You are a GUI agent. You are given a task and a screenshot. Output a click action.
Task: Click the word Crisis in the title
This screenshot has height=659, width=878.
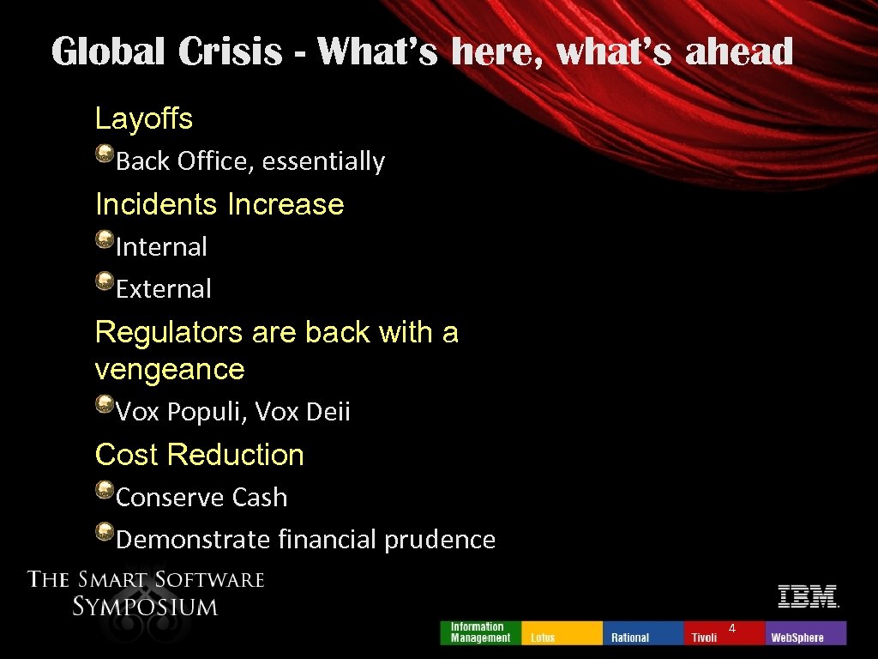[x=230, y=52]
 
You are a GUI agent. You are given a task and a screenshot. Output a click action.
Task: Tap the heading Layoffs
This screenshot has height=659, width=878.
[x=144, y=118]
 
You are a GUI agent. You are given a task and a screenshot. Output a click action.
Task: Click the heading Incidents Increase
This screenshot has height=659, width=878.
[x=219, y=204]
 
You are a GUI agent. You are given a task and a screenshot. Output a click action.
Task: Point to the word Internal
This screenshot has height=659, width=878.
[x=161, y=247]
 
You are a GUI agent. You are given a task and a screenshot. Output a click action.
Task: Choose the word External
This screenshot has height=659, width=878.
[x=163, y=289]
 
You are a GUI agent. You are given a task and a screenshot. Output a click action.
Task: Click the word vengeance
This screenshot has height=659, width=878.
[x=170, y=370]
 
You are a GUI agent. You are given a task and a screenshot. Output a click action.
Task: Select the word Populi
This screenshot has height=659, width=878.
[x=205, y=413]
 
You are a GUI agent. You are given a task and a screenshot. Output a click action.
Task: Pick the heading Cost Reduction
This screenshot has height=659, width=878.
[x=200, y=455]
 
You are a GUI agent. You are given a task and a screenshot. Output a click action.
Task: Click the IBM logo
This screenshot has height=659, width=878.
[x=808, y=596]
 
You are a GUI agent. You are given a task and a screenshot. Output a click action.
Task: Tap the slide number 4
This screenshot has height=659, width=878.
[x=732, y=629]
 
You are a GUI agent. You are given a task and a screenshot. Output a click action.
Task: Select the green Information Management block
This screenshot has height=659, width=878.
[x=480, y=632]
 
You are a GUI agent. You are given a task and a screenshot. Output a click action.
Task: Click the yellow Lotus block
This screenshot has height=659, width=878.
[x=561, y=633]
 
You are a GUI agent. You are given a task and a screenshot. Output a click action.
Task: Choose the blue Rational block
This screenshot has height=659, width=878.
[x=643, y=633]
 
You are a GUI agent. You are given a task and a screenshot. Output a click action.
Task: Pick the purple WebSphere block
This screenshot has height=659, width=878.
[x=805, y=633]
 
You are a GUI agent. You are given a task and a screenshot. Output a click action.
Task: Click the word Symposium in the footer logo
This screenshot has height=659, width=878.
[x=146, y=607]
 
